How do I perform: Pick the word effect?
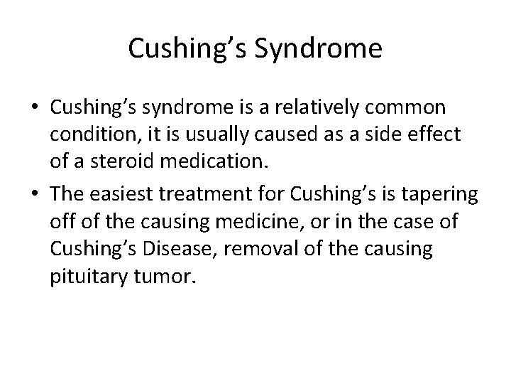click(435, 135)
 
